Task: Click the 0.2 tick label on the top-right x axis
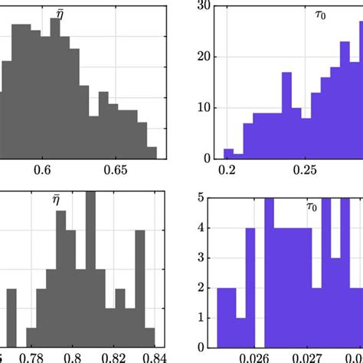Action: tap(227, 168)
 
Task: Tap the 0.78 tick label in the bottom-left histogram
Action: tap(31, 356)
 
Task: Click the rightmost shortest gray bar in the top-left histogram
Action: tap(152, 152)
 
